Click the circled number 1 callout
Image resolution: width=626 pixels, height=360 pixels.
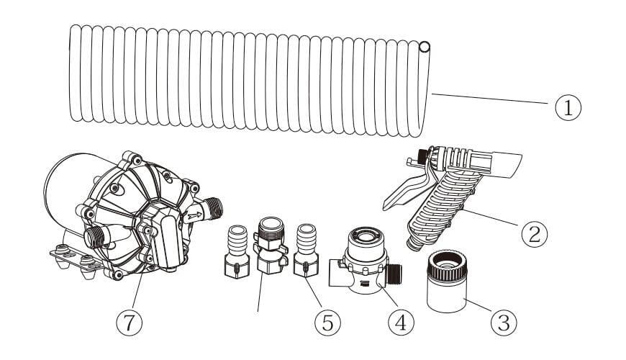pos(568,107)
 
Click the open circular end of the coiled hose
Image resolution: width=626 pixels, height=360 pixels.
pos(424,48)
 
